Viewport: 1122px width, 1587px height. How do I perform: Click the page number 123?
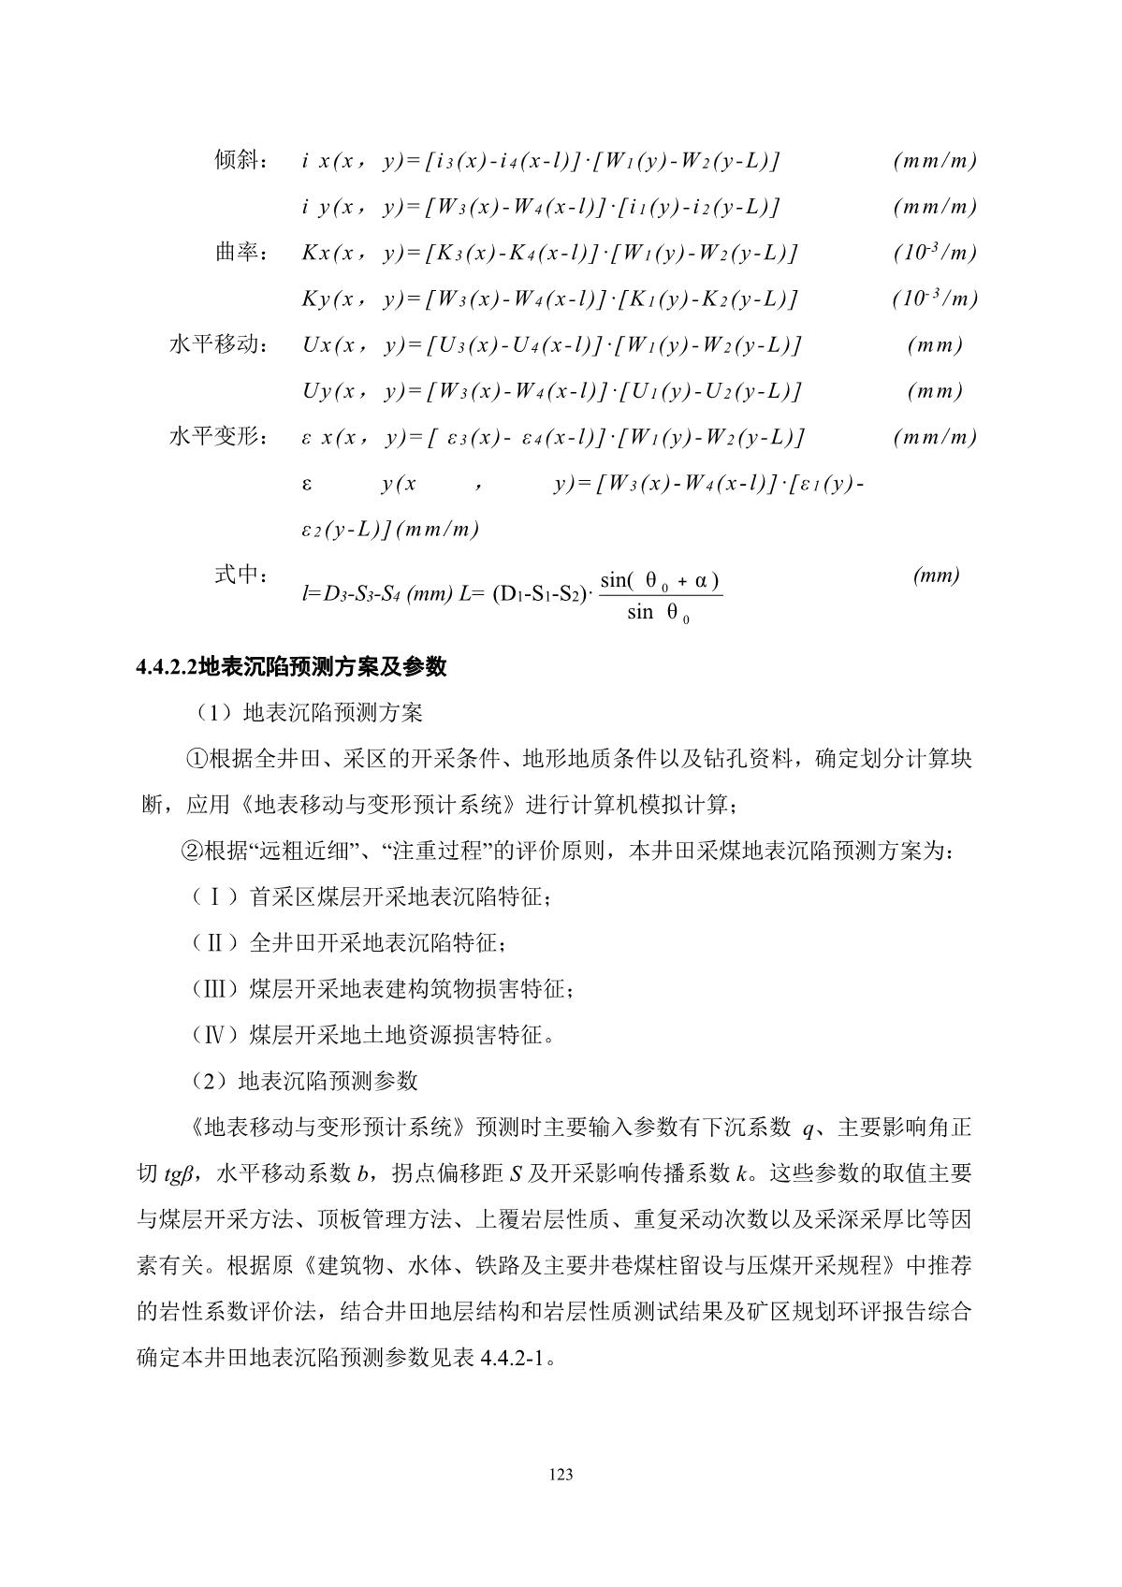tap(561, 1475)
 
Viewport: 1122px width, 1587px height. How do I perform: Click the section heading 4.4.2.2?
tap(291, 667)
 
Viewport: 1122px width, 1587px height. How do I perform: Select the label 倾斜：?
tap(242, 160)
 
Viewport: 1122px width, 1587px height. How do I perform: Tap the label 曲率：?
tap(242, 253)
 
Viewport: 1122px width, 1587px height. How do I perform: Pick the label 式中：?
tap(242, 575)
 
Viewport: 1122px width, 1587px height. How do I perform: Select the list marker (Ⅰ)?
tap(214, 897)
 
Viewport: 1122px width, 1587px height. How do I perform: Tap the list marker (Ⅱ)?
tap(214, 943)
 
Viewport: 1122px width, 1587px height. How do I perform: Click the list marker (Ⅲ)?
tap(214, 989)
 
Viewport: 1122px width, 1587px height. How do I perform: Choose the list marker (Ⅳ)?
tap(214, 1035)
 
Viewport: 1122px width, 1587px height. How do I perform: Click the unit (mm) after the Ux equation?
tap(935, 344)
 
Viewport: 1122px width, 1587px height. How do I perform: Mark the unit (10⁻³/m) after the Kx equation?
tap(935, 253)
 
